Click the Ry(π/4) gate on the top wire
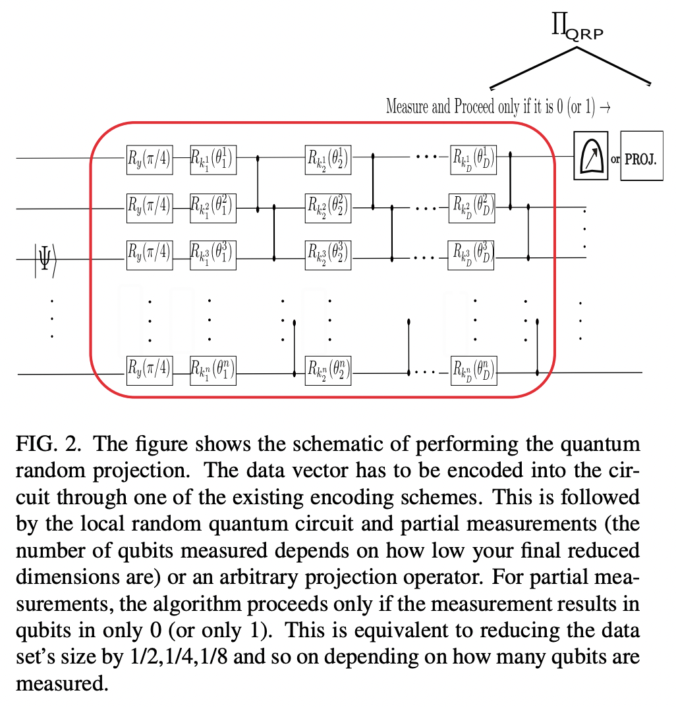coord(150,158)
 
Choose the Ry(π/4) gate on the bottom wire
coord(150,371)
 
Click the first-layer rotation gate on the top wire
coord(213,158)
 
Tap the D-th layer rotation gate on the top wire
coord(473,158)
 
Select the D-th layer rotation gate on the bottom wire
coord(473,372)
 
